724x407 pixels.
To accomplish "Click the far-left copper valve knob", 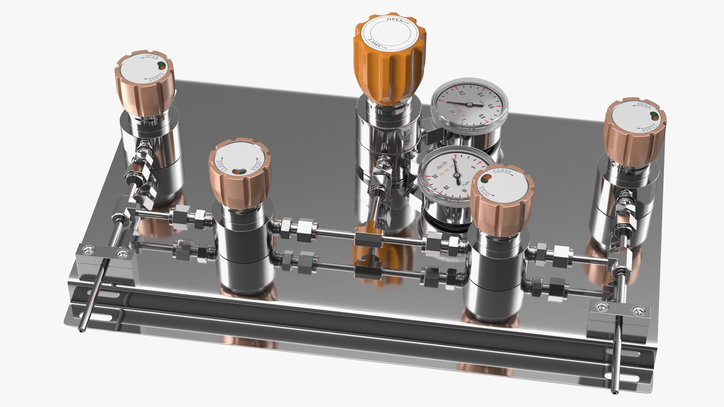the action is [x=145, y=81].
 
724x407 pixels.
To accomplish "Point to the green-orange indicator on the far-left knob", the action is [x=161, y=65].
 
